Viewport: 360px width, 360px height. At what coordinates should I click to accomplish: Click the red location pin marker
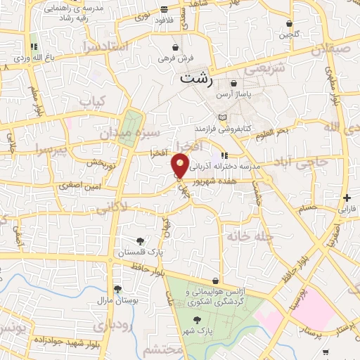(x=181, y=166)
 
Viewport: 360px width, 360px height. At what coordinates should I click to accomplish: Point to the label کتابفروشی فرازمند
(x=224, y=129)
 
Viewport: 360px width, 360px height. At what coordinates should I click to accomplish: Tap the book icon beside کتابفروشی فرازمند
(x=223, y=117)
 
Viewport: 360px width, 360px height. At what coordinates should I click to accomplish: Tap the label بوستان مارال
(x=114, y=300)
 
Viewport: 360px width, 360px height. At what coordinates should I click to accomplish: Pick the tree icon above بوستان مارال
(x=117, y=289)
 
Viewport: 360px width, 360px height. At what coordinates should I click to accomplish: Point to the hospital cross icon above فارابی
(x=347, y=198)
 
